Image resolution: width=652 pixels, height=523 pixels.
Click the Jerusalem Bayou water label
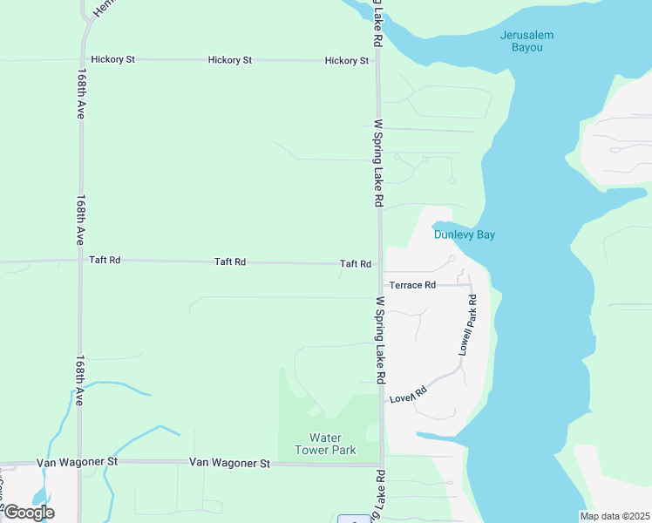(526, 41)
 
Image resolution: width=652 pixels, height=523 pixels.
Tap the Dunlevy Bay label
(465, 234)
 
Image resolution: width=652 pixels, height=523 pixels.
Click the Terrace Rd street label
(412, 285)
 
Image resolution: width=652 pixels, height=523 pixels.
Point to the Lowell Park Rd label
(467, 323)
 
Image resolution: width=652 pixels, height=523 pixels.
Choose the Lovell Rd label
(408, 395)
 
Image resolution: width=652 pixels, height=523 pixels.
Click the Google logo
(28, 513)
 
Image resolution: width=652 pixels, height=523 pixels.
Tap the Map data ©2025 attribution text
(615, 516)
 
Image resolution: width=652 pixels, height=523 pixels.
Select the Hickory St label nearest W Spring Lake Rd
(346, 61)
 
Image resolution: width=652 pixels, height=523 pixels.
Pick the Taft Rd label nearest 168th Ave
(105, 260)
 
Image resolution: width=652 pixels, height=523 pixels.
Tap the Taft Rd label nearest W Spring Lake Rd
(356, 264)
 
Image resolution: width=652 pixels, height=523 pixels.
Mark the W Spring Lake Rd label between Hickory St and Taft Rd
(379, 162)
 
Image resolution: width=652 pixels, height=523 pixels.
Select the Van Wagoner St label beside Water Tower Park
(229, 463)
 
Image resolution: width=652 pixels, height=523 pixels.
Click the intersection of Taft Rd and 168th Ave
(80, 260)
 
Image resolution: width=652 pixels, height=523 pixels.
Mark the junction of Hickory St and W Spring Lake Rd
(378, 61)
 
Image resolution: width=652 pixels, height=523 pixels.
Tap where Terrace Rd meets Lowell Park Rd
(471, 285)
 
